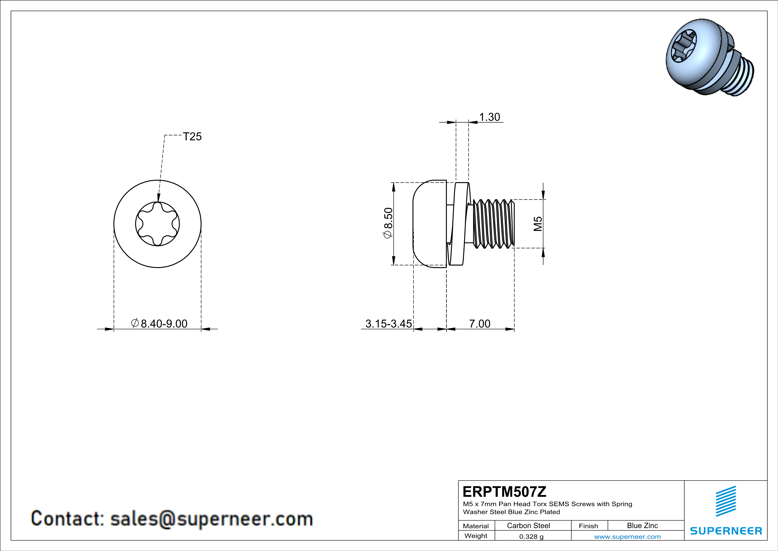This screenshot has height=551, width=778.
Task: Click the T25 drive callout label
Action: [x=192, y=136]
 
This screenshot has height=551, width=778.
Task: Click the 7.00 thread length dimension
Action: [x=479, y=324]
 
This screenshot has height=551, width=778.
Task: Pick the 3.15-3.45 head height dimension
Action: [x=388, y=324]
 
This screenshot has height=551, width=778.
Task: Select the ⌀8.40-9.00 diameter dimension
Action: [x=159, y=324]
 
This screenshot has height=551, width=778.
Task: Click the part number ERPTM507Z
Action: [x=504, y=492]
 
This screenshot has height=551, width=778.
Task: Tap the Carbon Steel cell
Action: [x=528, y=525]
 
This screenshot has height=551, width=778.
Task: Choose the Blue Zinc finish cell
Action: [x=642, y=525]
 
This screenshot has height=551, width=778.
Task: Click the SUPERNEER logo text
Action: [x=726, y=531]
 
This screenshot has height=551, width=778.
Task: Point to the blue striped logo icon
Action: [x=726, y=501]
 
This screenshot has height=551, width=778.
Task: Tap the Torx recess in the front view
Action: [x=157, y=224]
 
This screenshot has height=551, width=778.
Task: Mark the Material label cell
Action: [x=476, y=526]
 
